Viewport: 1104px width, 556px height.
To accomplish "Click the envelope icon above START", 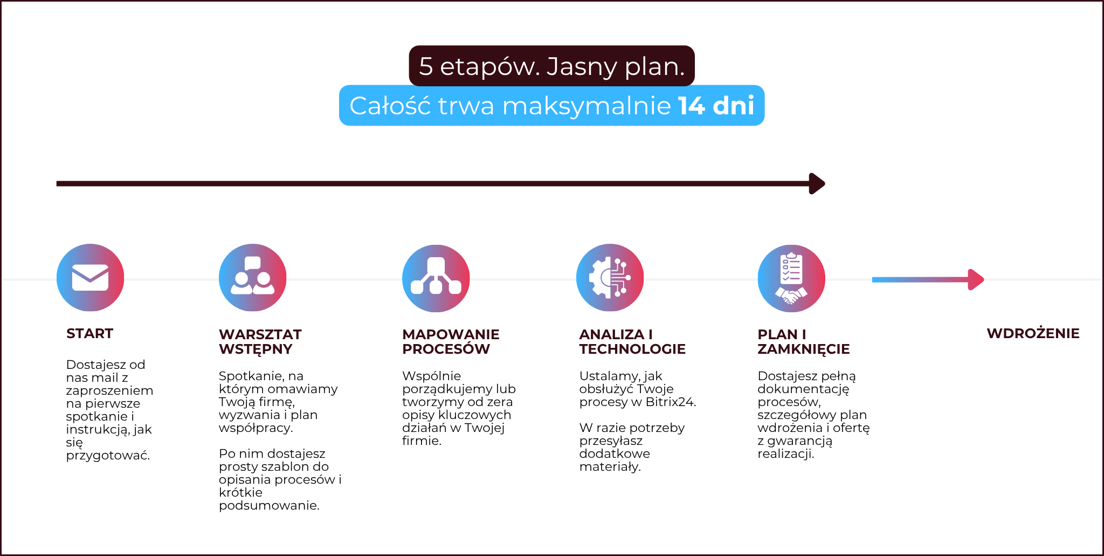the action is coord(90,278).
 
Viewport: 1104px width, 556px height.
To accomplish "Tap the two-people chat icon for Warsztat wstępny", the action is coord(252,278).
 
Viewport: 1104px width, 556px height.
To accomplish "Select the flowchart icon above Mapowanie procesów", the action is coord(436,278).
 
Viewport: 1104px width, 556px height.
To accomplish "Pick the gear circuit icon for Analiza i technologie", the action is coord(610,278).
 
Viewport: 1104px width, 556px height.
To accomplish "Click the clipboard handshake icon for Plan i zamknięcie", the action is coord(791,278).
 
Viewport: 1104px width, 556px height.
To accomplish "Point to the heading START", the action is coord(89,333).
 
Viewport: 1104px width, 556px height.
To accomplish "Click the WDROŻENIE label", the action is coord(1033,333).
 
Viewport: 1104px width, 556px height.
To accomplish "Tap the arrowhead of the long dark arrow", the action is coord(817,183).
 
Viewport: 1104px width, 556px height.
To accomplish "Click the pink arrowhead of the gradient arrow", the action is coord(976,279).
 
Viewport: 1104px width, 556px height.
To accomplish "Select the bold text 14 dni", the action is coord(716,105).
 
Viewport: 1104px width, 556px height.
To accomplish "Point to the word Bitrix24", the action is coord(671,402).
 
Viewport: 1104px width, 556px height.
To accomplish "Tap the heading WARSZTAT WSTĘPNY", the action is coord(260,341).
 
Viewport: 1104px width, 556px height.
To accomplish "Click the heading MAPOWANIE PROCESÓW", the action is coord(451,341).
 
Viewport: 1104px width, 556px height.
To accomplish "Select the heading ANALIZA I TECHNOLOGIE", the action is coord(632,341).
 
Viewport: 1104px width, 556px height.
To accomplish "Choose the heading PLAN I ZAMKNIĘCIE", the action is coord(803,341).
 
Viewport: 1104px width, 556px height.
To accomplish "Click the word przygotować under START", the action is coord(108,456).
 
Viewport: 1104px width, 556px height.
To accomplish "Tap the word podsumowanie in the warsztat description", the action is coord(269,506).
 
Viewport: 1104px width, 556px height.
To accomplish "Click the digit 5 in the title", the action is coord(426,66).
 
